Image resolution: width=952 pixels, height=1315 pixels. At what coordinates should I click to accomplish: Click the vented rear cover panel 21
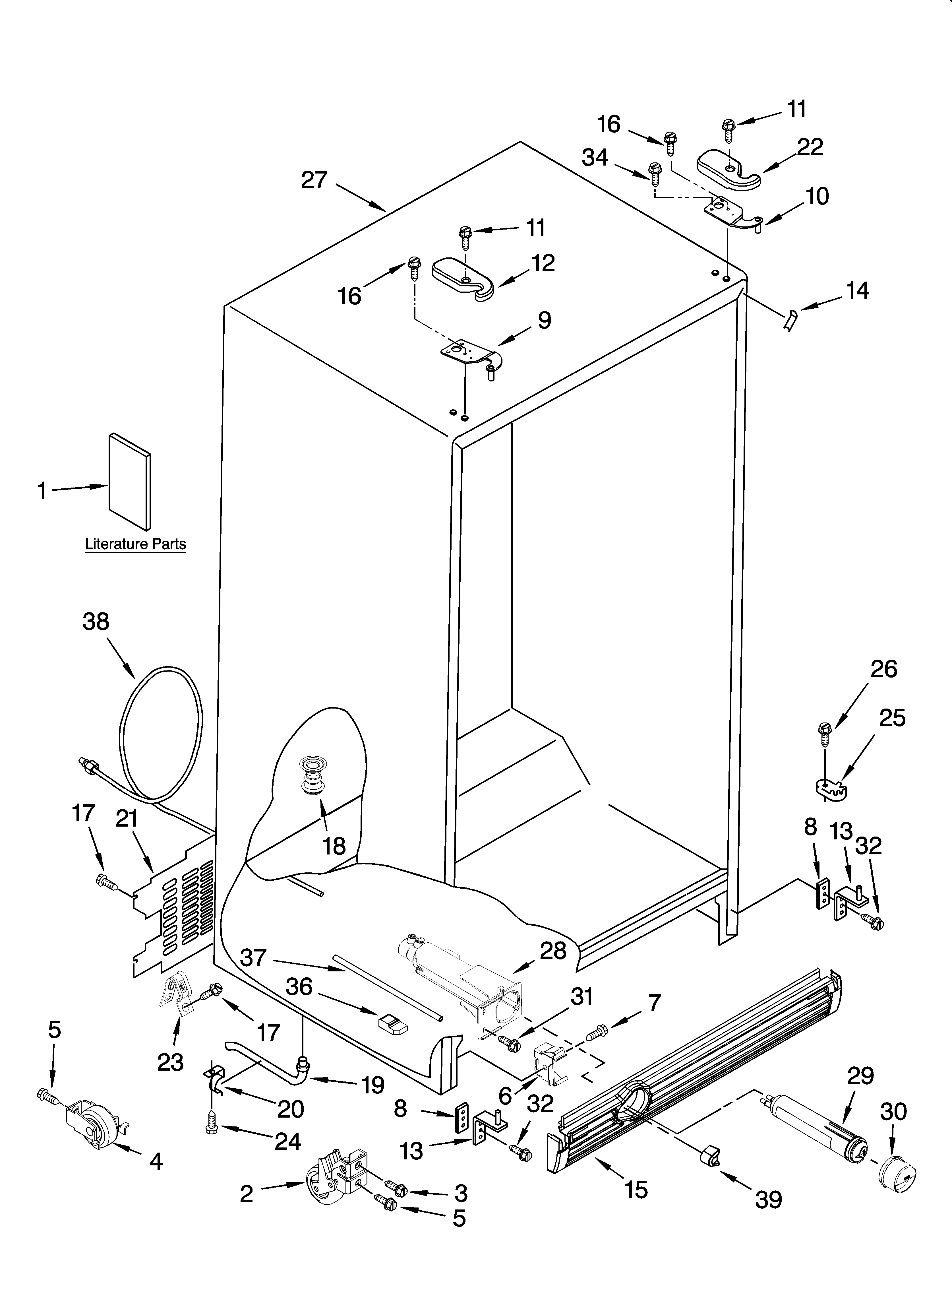174,916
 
